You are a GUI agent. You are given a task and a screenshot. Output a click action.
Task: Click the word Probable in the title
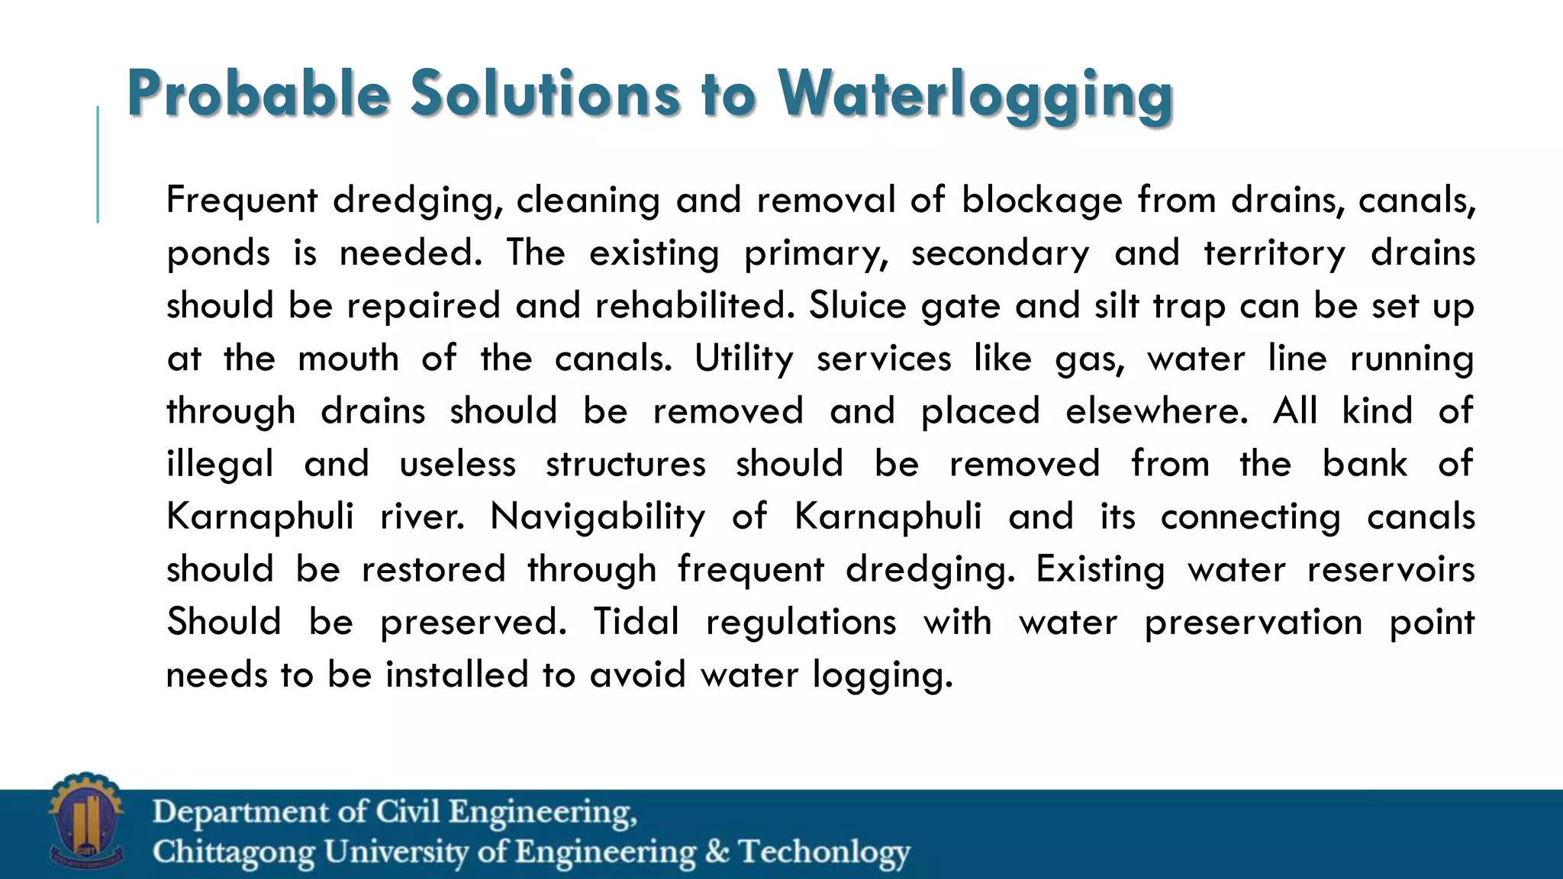(x=259, y=94)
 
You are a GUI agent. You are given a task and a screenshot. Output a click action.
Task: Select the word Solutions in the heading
(x=545, y=94)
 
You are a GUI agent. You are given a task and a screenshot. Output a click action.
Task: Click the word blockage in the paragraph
(x=1042, y=201)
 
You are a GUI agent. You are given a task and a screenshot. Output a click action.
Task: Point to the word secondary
(x=1000, y=253)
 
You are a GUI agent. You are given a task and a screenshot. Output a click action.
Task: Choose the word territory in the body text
(x=1275, y=253)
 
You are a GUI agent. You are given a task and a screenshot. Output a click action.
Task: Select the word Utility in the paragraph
(x=743, y=359)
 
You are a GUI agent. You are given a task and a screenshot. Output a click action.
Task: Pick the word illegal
(x=220, y=464)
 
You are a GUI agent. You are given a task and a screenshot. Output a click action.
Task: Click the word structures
(x=626, y=464)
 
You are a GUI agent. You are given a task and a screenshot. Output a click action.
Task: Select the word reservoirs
(x=1391, y=569)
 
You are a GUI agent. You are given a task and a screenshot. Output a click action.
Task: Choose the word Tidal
(x=636, y=622)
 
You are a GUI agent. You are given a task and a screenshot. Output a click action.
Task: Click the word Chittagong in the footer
(x=234, y=852)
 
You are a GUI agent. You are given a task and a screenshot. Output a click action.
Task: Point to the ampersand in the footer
(x=717, y=852)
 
